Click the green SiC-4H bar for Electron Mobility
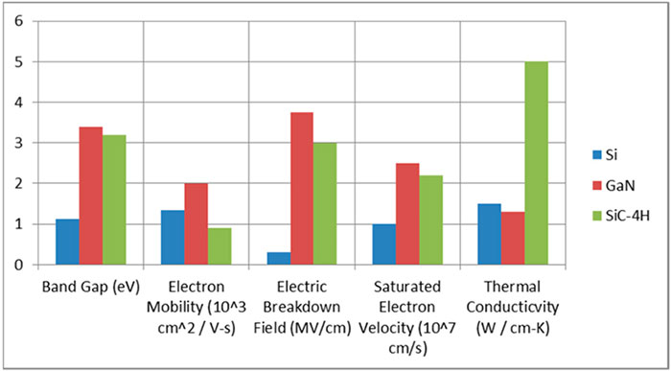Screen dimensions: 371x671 point(220,245)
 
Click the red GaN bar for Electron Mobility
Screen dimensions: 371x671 point(197,223)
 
